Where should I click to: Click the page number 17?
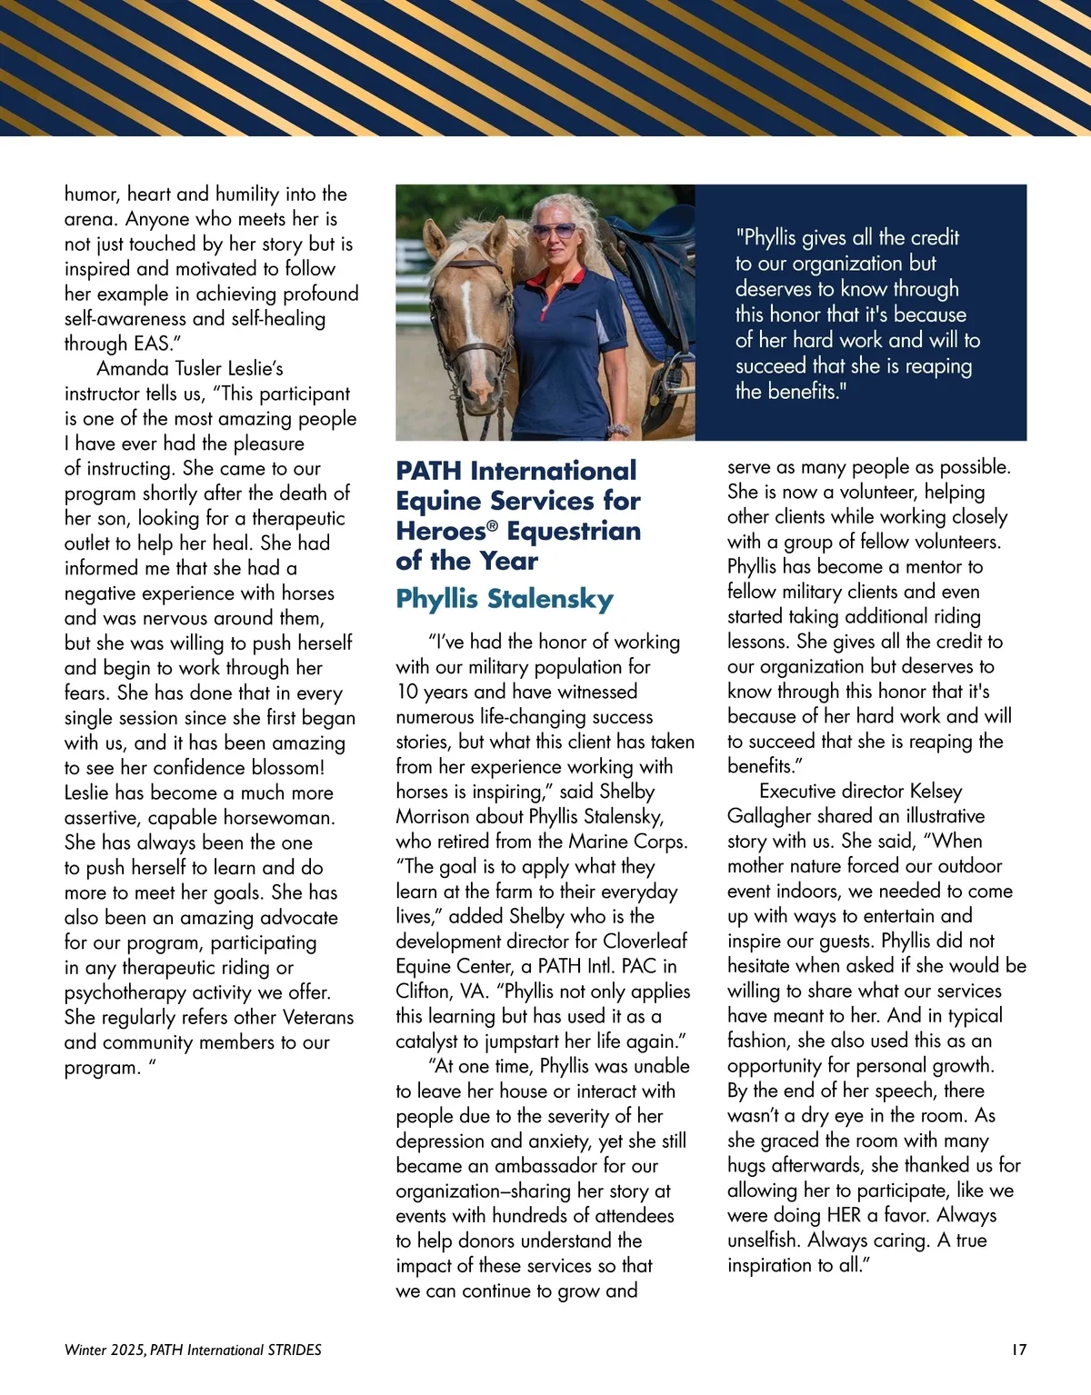tap(1018, 1350)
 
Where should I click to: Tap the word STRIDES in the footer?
tap(295, 1350)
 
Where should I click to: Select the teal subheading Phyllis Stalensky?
tap(505, 599)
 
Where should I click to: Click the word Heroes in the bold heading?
tap(441, 531)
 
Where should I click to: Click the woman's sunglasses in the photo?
tap(553, 231)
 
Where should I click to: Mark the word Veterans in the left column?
tap(317, 1017)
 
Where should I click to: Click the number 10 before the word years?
tap(408, 692)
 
